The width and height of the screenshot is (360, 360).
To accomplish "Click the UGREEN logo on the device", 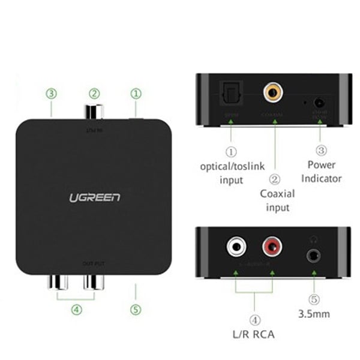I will [x=94, y=197].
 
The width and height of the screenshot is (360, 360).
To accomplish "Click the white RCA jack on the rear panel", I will [x=235, y=246].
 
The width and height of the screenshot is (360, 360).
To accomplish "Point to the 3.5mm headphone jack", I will [x=313, y=255].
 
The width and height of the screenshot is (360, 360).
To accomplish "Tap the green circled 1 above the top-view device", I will [x=136, y=94].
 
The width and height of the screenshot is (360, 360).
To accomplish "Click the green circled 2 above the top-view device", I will [x=94, y=94].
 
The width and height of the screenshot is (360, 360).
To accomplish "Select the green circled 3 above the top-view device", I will [x=52, y=94].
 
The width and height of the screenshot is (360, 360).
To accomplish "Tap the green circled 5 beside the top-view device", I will [x=136, y=310].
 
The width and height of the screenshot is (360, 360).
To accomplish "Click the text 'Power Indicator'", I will [x=321, y=171].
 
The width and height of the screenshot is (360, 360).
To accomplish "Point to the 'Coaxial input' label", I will [x=275, y=200].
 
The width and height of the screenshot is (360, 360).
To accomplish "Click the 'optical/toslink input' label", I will [x=230, y=172].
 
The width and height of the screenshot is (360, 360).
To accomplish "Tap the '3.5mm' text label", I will [x=313, y=314].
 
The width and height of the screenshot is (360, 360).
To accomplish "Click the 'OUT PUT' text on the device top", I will [x=94, y=264].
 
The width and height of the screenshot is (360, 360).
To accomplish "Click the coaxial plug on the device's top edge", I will [x=94, y=112].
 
